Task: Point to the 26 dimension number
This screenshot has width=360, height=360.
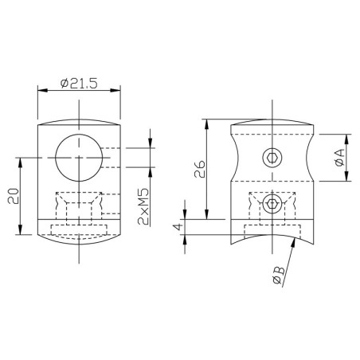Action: click(199, 169)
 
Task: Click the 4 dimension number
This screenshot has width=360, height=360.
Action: click(180, 227)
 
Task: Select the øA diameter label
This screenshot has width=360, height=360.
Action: click(340, 158)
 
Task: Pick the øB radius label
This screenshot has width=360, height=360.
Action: click(276, 276)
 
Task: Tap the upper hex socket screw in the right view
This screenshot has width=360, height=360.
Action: click(272, 158)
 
